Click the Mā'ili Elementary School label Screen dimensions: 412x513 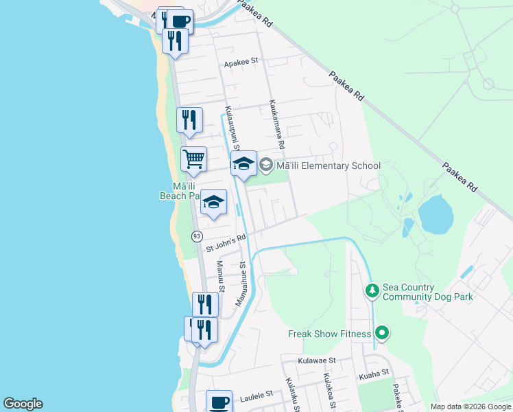pyautogui.click(x=327, y=165)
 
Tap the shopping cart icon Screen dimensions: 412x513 pyautogui.click(x=194, y=159)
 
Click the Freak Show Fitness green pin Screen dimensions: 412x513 pyautogui.click(x=383, y=334)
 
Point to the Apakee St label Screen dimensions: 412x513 pyautogui.click(x=241, y=61)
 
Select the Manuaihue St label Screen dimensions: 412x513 pyautogui.click(x=241, y=284)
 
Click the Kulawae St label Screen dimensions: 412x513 pyautogui.click(x=317, y=360)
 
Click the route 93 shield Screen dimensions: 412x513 pyautogui.click(x=197, y=236)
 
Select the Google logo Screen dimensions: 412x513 pyautogui.click(x=23, y=404)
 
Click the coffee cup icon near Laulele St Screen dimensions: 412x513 pyautogui.click(x=219, y=402)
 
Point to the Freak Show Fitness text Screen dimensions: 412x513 pyautogui.click(x=329, y=334)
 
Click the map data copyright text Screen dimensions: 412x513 pyautogui.click(x=470, y=407)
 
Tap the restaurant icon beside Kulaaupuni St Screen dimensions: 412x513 pyautogui.click(x=189, y=119)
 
